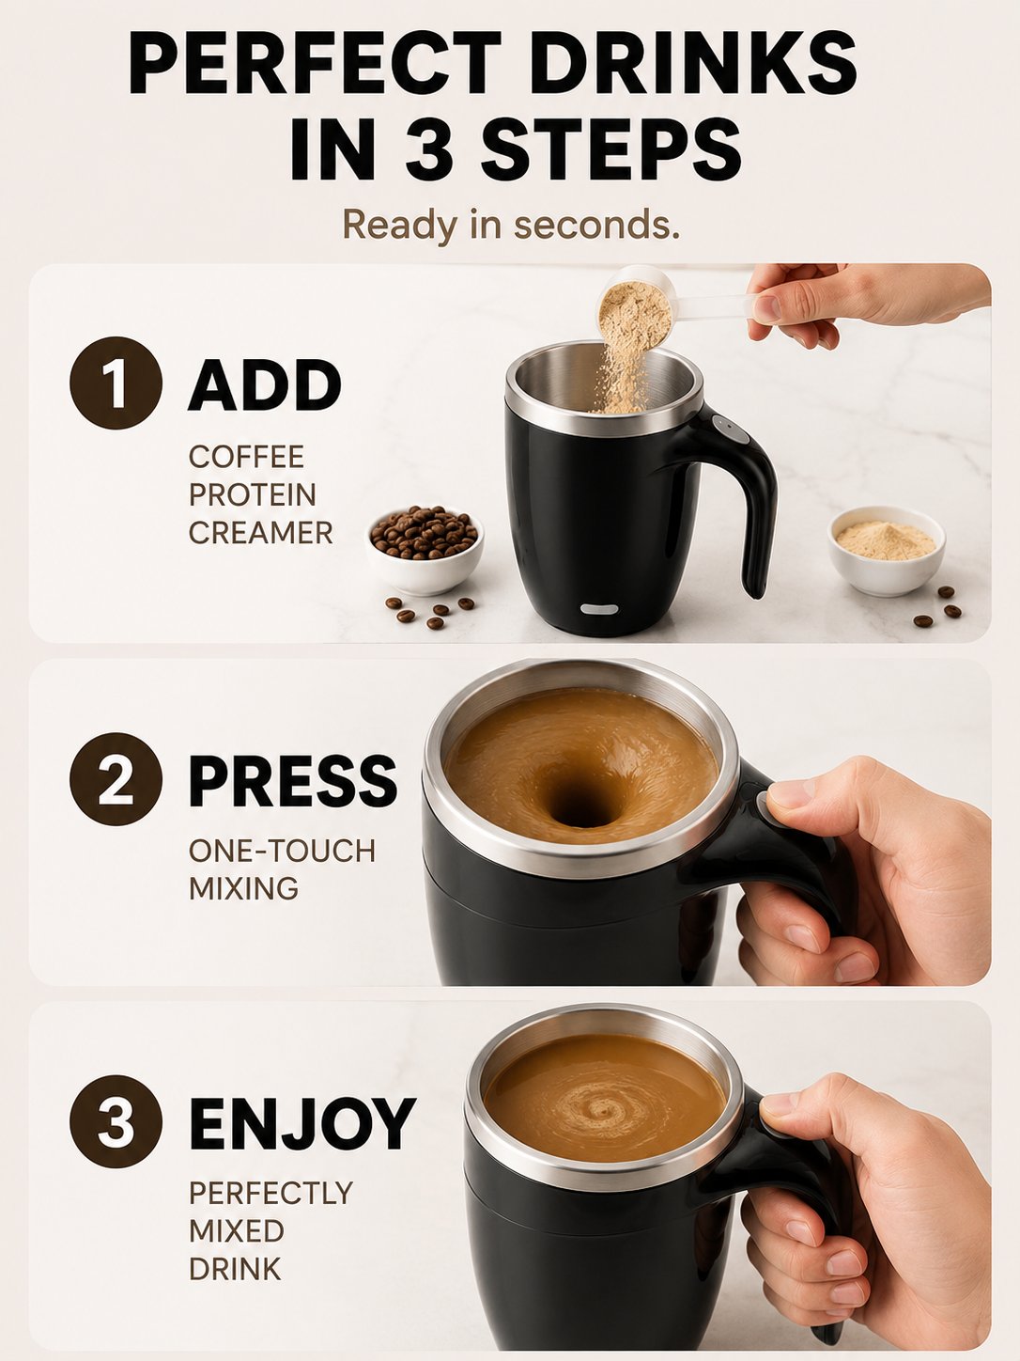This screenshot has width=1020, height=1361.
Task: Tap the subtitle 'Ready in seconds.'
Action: coord(511,225)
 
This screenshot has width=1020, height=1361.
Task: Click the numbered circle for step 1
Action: coord(116,383)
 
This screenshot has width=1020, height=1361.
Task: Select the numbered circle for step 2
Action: coord(116,779)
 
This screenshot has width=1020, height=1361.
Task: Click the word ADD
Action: coord(265,384)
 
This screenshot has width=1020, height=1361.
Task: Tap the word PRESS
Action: coord(293,781)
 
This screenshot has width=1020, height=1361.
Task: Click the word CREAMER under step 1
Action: coord(261,533)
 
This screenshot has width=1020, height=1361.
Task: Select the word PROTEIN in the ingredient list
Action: coord(253,494)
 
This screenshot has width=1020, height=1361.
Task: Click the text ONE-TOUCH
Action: coord(283,851)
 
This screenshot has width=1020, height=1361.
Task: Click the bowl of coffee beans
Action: coord(425,549)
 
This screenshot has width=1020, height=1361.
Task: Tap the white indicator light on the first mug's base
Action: coord(599,608)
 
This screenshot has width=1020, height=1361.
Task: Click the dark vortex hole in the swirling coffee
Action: coord(580,804)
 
